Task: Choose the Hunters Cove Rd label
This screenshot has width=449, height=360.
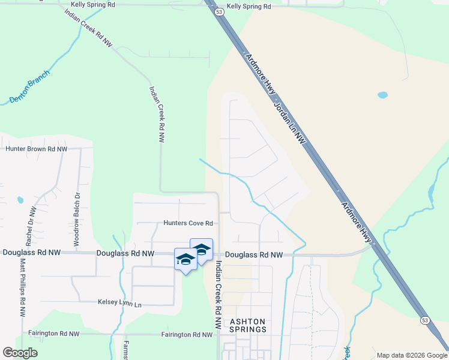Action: coord(188,223)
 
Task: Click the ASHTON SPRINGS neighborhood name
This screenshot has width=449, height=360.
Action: coord(248,326)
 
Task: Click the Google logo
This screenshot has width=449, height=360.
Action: coord(20,353)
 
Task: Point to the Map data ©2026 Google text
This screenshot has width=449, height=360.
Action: coord(412,355)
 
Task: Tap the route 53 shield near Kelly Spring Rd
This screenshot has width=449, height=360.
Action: coord(220,11)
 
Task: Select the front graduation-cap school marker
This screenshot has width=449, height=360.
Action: coord(185,260)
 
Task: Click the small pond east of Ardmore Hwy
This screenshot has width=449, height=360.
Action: coord(382,95)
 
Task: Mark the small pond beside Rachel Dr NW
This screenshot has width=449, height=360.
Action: coord(20,200)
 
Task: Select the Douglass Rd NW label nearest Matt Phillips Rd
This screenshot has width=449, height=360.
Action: coord(28,253)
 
